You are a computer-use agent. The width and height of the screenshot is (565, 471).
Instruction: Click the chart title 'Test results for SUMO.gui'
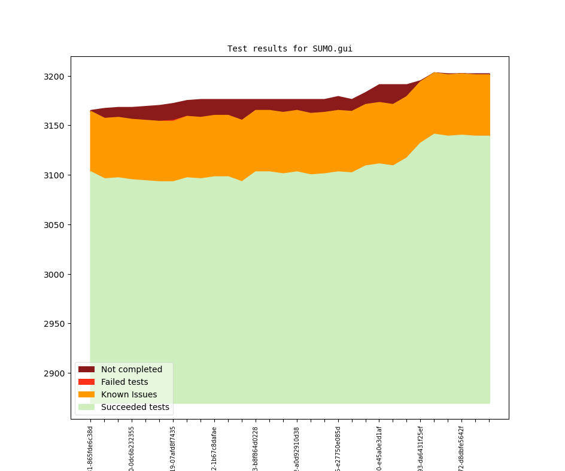(x=290, y=49)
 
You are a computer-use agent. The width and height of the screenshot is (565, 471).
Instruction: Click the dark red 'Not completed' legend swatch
(x=86, y=369)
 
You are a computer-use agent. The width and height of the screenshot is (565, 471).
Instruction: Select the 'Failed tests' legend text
(x=124, y=382)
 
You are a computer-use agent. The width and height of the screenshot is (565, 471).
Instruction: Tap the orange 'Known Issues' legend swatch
(x=86, y=394)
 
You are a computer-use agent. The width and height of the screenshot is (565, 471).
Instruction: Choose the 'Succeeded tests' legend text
(x=135, y=408)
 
